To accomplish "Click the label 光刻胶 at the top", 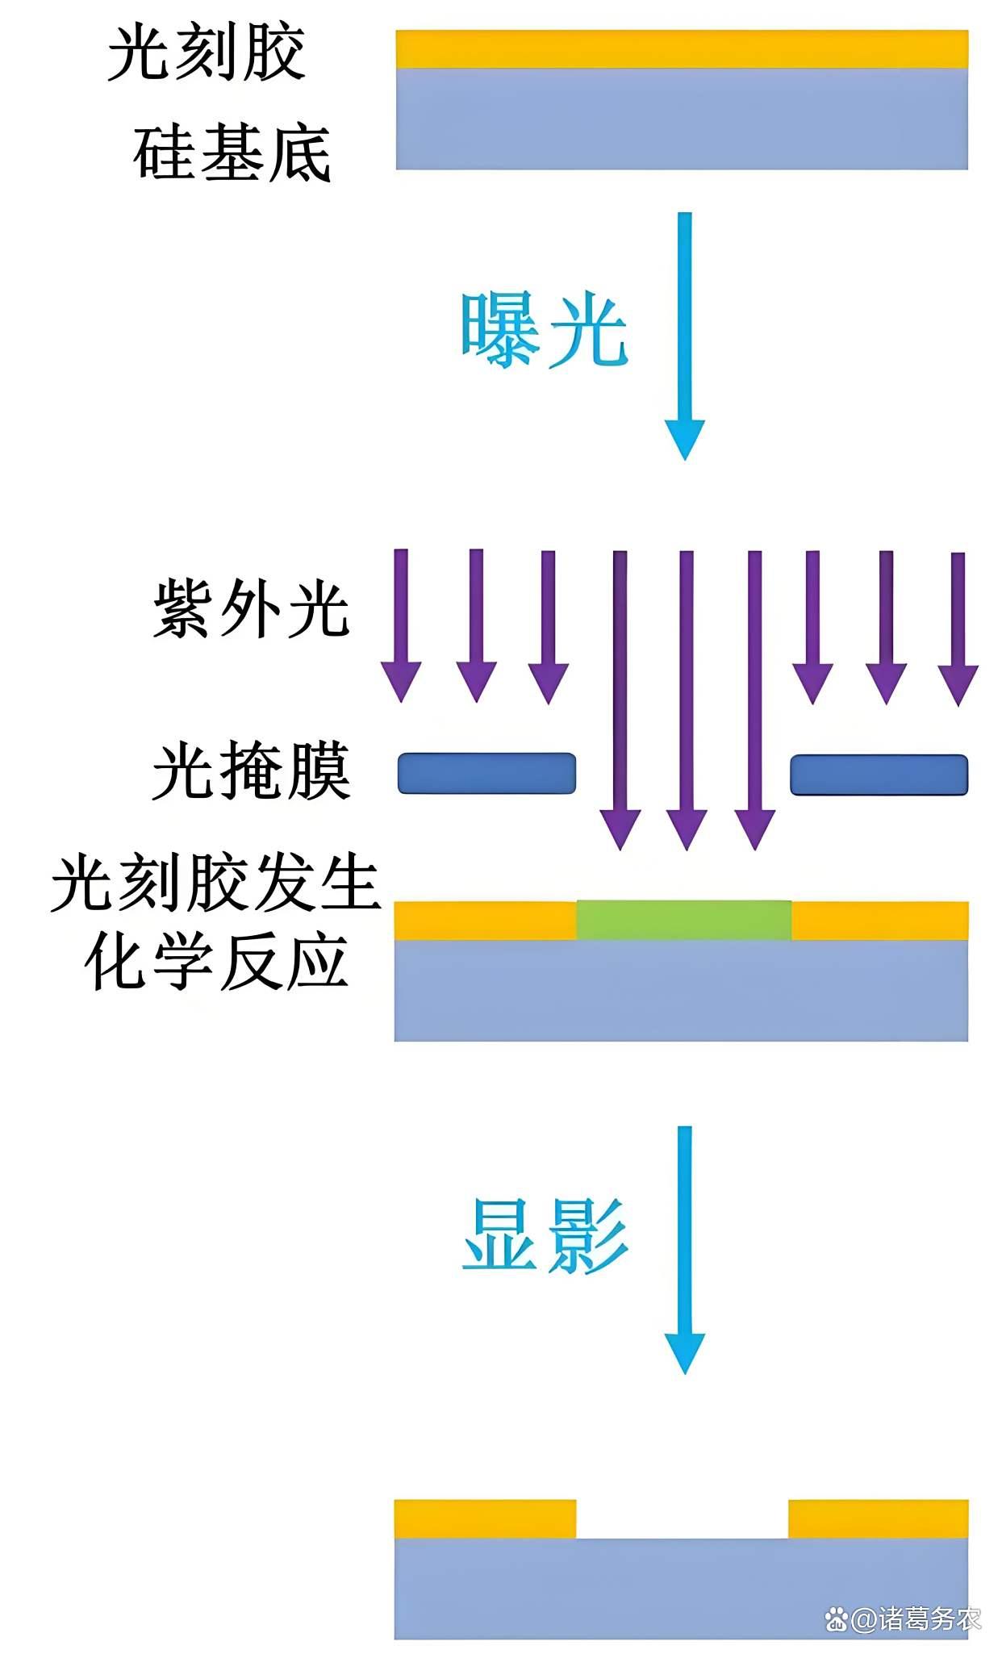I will pyautogui.click(x=207, y=53).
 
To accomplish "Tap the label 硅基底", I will pyautogui.click(x=232, y=153).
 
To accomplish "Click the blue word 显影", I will pyautogui.click(x=545, y=1236).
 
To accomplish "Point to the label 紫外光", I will pyautogui.click(x=251, y=609).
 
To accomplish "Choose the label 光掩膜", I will pyautogui.click(x=251, y=771).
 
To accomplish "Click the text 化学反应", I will pyautogui.click(x=216, y=962).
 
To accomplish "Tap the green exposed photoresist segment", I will pyautogui.click(x=683, y=920).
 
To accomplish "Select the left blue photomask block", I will pyautogui.click(x=486, y=773).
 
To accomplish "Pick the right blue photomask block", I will pyautogui.click(x=879, y=775).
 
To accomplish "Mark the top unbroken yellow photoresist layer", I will pyautogui.click(x=682, y=49).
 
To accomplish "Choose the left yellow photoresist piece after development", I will pyautogui.click(x=485, y=1518).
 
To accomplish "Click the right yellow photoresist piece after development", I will pyautogui.click(x=878, y=1518).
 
